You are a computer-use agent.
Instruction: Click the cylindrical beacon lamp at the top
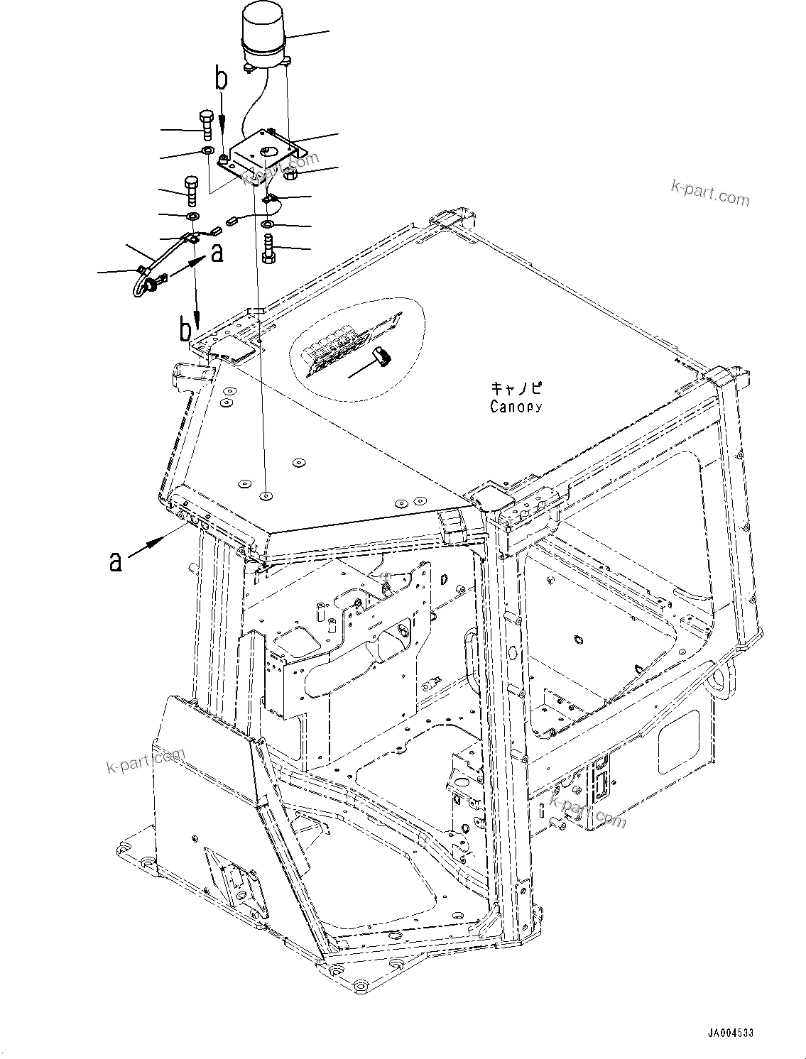(265, 35)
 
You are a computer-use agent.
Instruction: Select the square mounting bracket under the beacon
(263, 153)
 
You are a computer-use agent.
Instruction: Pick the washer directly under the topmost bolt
(207, 151)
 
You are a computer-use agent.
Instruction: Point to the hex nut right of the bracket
(289, 172)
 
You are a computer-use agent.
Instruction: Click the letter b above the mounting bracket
(222, 80)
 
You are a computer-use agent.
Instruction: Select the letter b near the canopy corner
(186, 331)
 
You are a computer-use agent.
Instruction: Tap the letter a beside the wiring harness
(217, 253)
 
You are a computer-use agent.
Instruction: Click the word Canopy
(516, 407)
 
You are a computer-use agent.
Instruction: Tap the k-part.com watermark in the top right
(709, 192)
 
